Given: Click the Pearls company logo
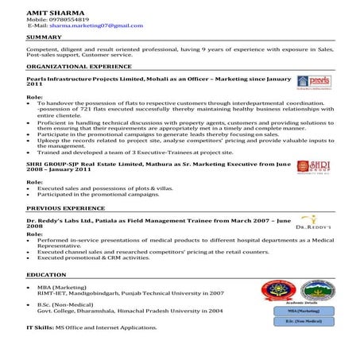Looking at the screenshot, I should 309,82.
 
